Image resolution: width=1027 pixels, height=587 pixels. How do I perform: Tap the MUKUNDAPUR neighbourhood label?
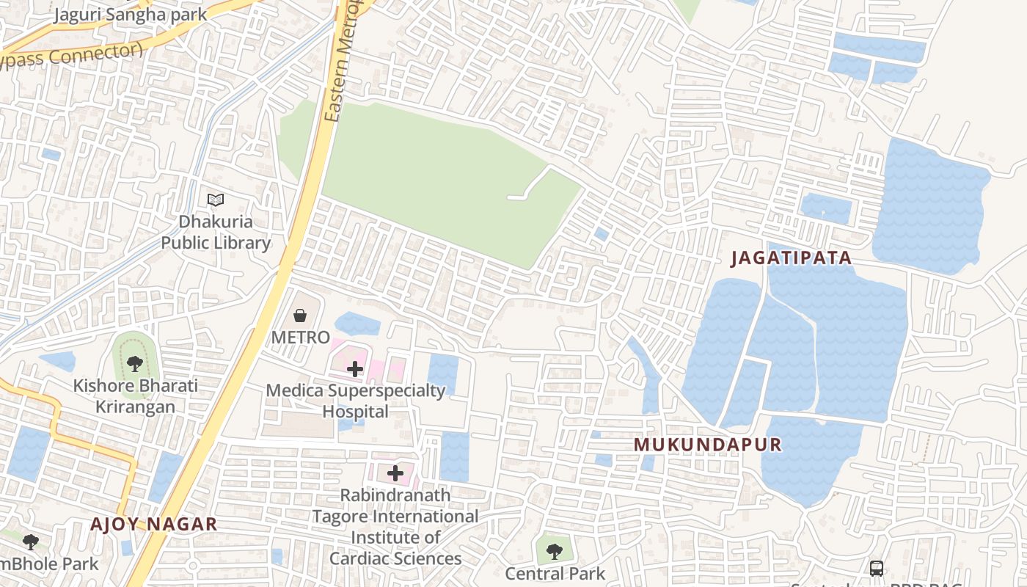[708, 445]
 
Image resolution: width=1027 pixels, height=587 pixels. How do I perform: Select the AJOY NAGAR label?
[154, 524]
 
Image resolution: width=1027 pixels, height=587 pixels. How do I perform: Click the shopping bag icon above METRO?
[300, 316]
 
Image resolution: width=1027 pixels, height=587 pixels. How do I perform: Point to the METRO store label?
[301, 338]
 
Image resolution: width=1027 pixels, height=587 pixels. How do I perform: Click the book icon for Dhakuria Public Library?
[216, 200]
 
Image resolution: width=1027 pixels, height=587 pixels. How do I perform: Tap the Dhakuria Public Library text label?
[216, 232]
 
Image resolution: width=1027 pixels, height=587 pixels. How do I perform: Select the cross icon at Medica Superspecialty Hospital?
[355, 368]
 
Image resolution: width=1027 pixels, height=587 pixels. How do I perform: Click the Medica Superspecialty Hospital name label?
[356, 401]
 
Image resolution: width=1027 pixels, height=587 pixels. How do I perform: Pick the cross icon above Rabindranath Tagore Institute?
[395, 473]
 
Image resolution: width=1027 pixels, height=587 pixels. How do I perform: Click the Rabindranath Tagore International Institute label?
[395, 527]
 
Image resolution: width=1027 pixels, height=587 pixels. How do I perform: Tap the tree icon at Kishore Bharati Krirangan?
[134, 362]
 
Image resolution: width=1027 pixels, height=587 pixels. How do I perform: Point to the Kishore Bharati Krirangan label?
[135, 396]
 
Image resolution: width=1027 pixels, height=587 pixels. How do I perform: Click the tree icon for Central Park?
[555, 550]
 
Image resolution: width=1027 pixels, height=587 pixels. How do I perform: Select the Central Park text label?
[555, 574]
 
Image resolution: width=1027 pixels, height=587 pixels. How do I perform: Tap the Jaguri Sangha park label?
[130, 14]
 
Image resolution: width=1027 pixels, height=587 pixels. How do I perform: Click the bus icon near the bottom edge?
[877, 569]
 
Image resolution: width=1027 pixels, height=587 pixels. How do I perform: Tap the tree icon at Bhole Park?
[30, 542]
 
